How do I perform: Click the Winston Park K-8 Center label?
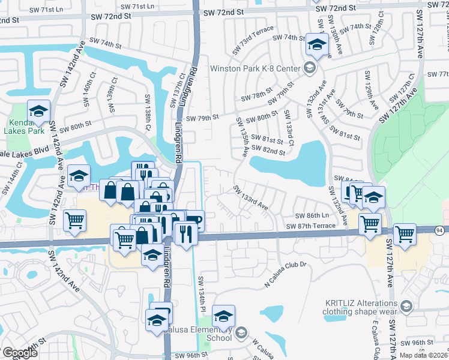click(254, 68)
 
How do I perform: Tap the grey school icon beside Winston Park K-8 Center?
click(310, 67)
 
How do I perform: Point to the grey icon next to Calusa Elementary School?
click(241, 332)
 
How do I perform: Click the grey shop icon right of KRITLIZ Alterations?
click(406, 307)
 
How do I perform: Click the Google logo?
click(19, 353)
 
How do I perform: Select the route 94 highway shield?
click(439, 230)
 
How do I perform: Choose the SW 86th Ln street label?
click(312, 215)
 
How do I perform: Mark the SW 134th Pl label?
click(202, 295)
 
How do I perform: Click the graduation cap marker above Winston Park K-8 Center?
click(316, 46)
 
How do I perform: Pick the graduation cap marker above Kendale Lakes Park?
click(38, 111)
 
